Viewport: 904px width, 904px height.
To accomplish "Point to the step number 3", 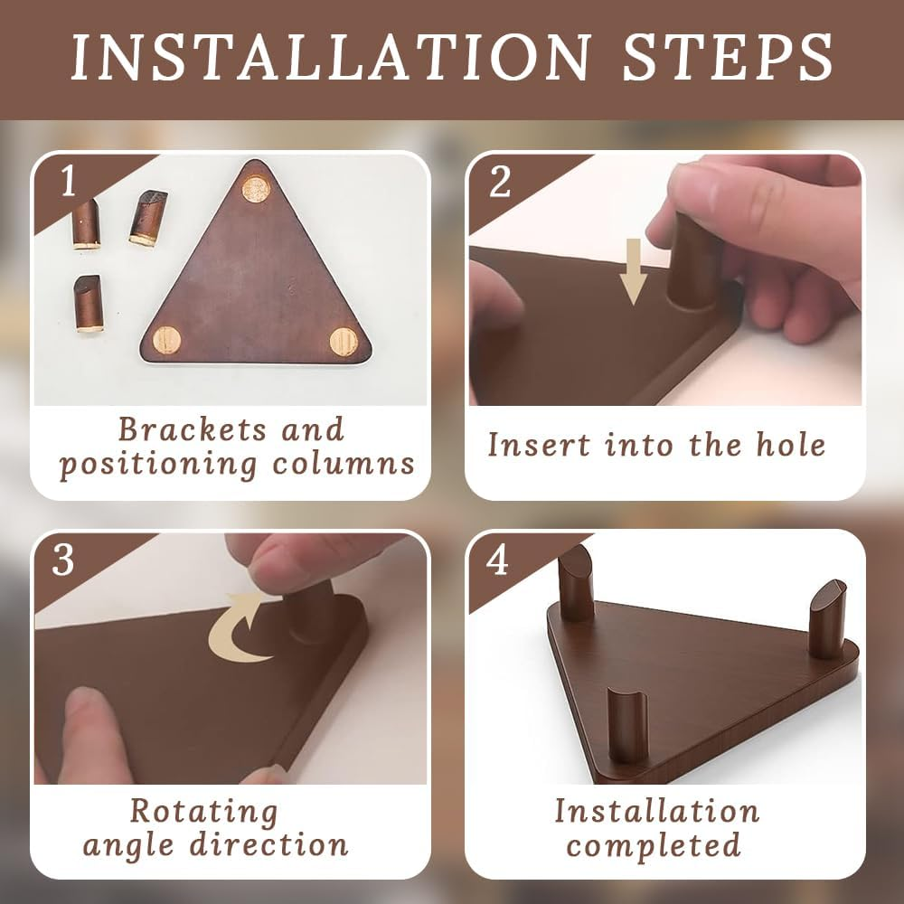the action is [63, 560].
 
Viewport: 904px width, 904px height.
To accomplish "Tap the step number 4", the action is [497, 560].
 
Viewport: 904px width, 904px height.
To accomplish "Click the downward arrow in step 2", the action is [633, 271].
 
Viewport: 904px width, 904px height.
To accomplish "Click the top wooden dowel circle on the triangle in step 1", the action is [256, 189].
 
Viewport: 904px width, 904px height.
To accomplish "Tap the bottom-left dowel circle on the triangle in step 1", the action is [166, 340].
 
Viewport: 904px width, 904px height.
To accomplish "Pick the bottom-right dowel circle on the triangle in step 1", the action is [344, 342].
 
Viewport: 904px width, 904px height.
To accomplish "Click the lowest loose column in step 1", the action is [89, 303].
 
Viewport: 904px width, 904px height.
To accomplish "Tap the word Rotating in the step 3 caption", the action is [204, 813].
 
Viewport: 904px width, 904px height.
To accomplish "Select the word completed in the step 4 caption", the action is [654, 844].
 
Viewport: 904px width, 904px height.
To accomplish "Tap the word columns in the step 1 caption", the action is [343, 464].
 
